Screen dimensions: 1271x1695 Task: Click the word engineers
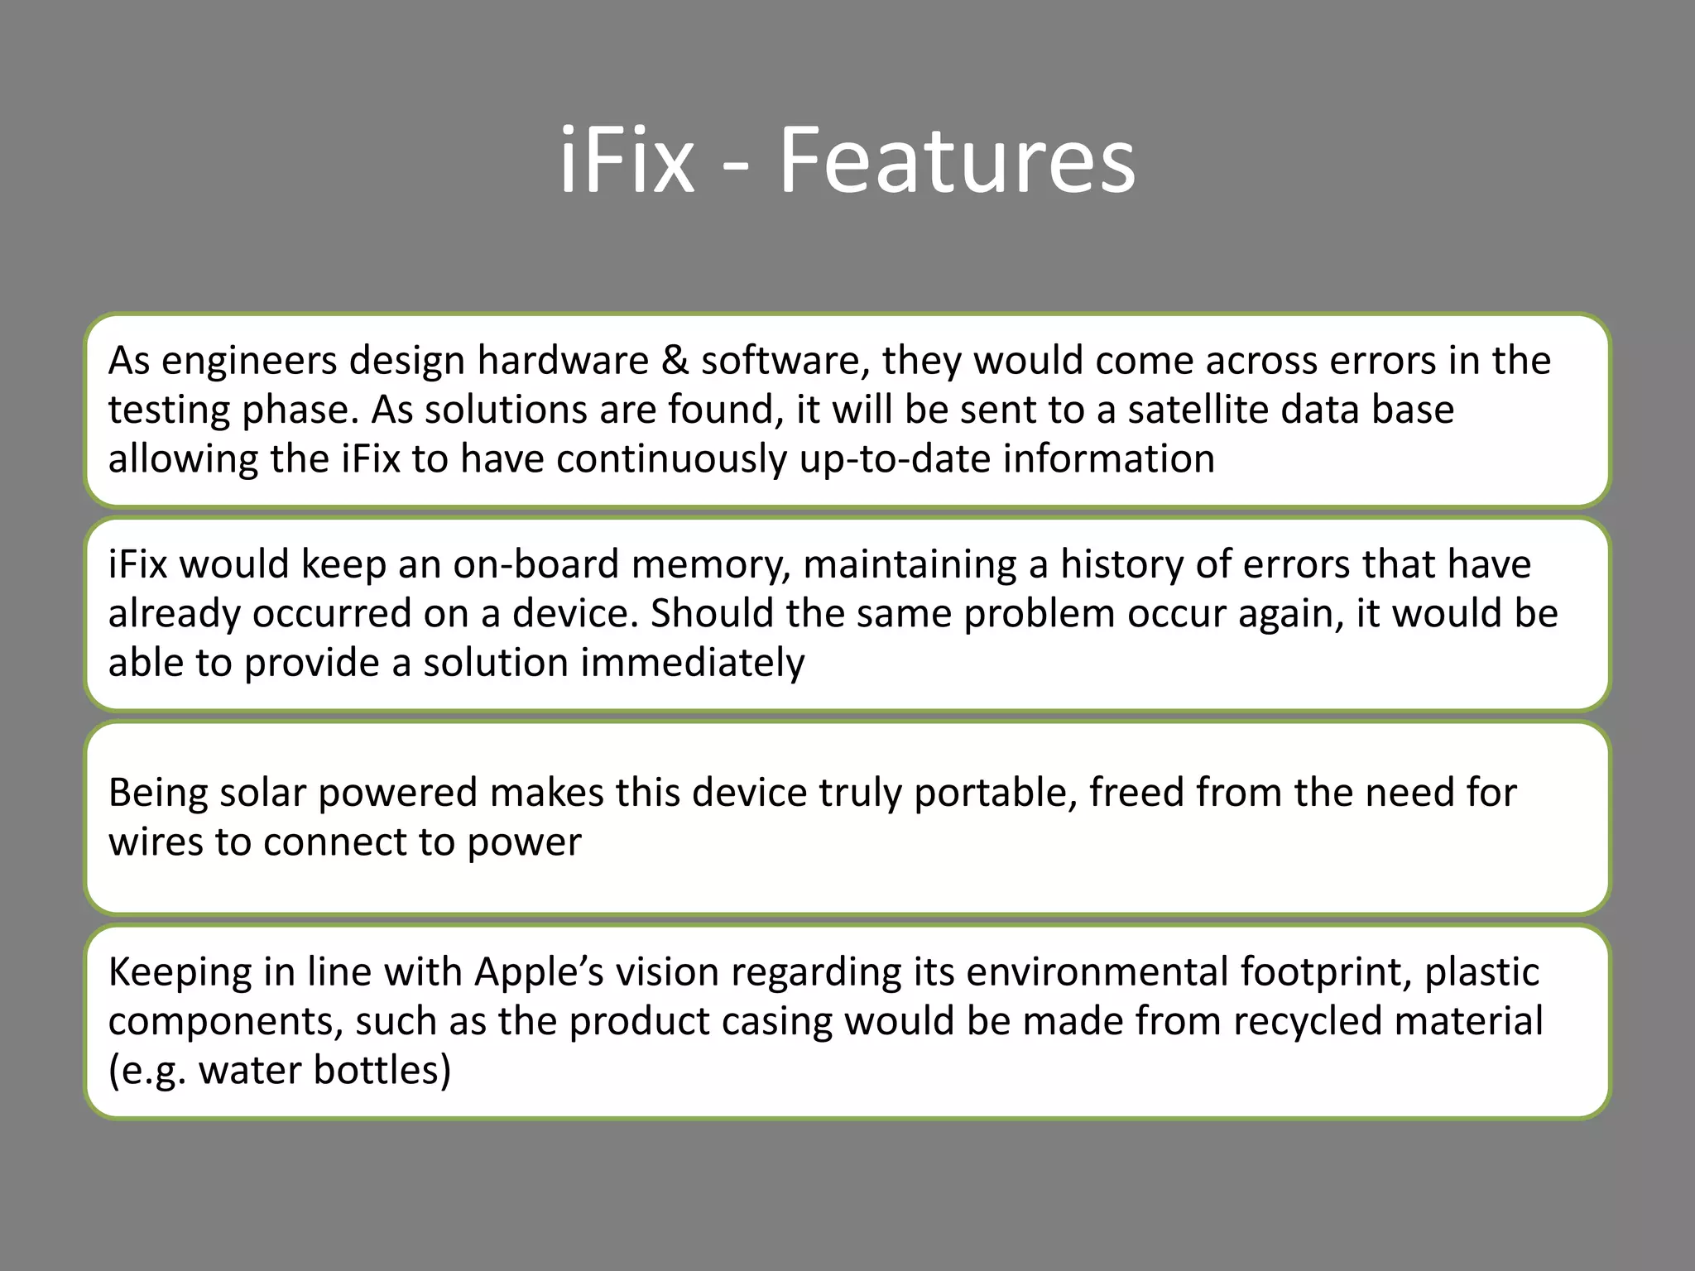[250, 362]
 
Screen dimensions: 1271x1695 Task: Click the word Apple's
[540, 972]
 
